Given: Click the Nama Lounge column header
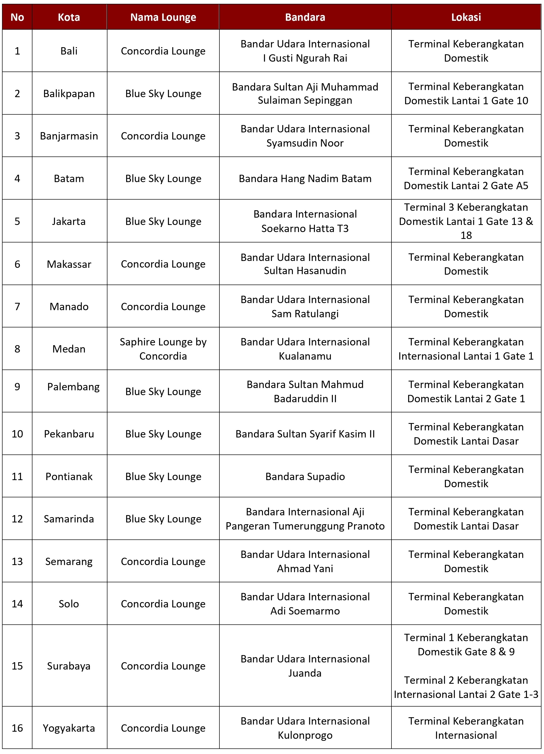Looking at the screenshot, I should [163, 17].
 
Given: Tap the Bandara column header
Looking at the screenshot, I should [305, 17].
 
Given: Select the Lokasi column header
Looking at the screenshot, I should [466, 17].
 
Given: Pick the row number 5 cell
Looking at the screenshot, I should [17, 221].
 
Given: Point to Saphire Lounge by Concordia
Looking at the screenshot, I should [163, 349].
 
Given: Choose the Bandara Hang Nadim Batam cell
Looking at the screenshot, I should [305, 179].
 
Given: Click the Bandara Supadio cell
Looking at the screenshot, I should [305, 476].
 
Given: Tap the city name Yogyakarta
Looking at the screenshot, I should [69, 728].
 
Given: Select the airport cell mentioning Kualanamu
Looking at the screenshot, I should [305, 349].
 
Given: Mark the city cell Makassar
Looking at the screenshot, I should [69, 264].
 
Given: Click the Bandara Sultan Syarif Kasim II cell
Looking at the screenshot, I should [305, 434].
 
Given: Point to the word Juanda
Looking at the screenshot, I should [305, 673].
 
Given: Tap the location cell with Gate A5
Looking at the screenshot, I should [466, 179].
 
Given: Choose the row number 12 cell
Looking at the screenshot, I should [17, 519].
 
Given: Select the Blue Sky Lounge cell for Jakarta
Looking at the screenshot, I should [163, 221].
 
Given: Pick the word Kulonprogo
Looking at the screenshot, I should [305, 735].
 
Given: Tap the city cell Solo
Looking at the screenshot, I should [69, 604].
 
